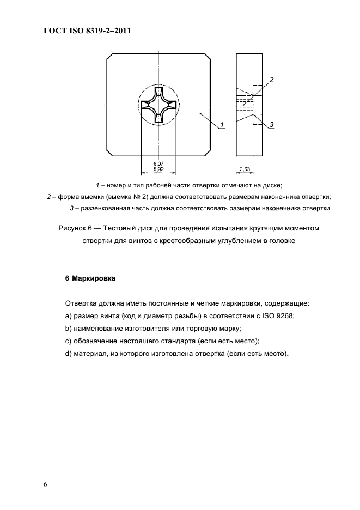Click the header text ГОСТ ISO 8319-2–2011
87,31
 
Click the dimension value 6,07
158,163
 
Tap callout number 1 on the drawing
223,125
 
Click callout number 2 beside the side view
271,80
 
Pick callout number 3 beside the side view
271,125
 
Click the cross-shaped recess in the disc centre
158,105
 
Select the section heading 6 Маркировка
90,278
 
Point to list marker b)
68,329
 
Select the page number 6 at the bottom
46,485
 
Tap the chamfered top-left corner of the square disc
111,57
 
